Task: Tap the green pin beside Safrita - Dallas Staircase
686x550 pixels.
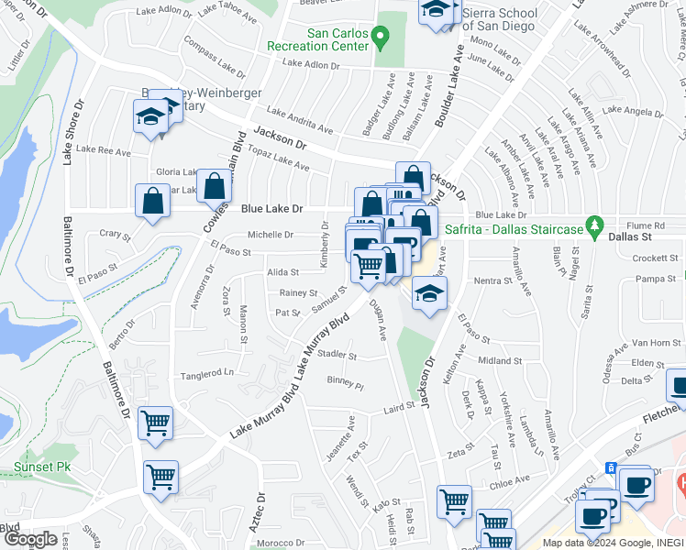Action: point(595,224)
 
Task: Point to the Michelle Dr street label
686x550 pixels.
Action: point(271,235)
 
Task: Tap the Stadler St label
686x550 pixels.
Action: point(339,355)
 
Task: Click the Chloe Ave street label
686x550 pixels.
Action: point(510,479)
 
